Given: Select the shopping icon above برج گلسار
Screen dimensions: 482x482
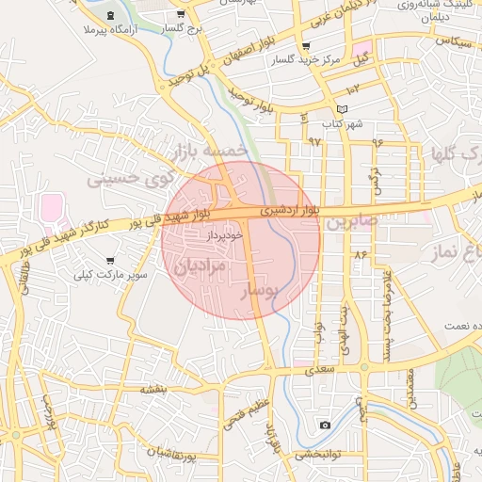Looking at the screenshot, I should click(x=180, y=15).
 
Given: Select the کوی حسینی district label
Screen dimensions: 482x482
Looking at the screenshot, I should click(x=131, y=176).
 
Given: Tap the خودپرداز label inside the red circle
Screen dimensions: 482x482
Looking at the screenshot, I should click(x=225, y=234).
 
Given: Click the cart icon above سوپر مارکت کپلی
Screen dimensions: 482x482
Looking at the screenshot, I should click(x=111, y=260).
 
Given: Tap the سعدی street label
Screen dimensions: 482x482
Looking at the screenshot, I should click(x=321, y=373).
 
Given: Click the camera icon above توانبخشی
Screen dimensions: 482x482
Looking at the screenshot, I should click(x=325, y=426).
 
